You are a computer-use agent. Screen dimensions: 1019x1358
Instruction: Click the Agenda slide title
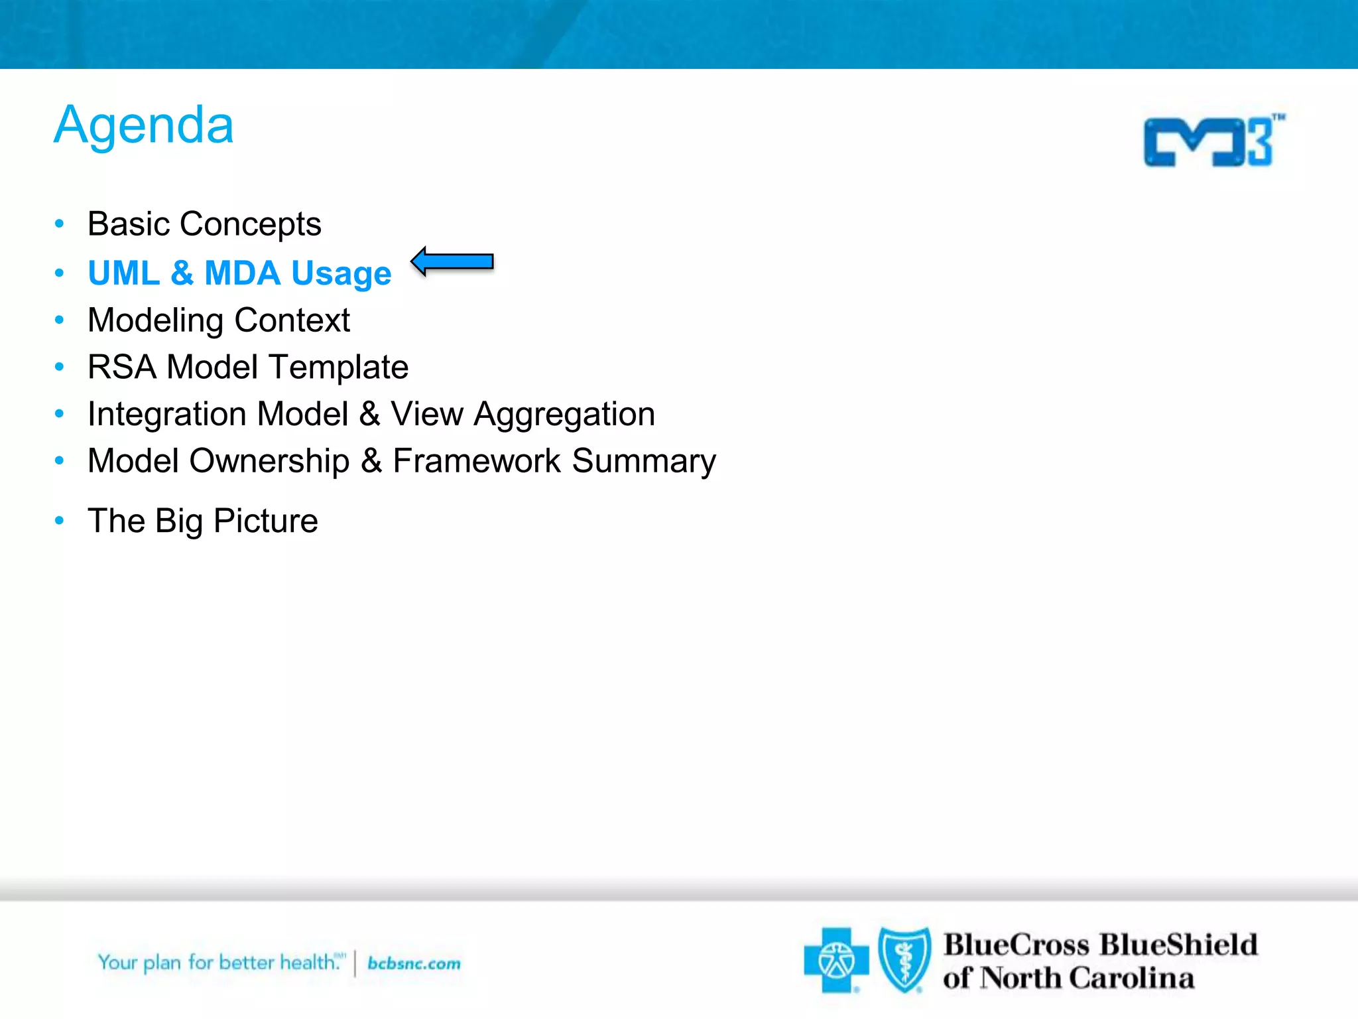[143, 125]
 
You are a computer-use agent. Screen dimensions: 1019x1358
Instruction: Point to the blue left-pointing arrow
[452, 261]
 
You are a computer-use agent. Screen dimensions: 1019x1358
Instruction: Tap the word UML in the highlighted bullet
[123, 273]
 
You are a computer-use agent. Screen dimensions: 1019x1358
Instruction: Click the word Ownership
[269, 462]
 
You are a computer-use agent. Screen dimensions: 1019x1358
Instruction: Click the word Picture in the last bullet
[265, 521]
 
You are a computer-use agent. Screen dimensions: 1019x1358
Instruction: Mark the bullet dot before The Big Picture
[60, 521]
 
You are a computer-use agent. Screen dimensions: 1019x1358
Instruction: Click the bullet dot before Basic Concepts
[60, 224]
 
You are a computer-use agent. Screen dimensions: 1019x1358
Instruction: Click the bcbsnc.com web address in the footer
[414, 963]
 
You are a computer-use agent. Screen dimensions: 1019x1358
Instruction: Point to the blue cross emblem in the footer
[836, 961]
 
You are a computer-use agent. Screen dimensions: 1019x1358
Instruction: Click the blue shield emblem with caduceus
[904, 959]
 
